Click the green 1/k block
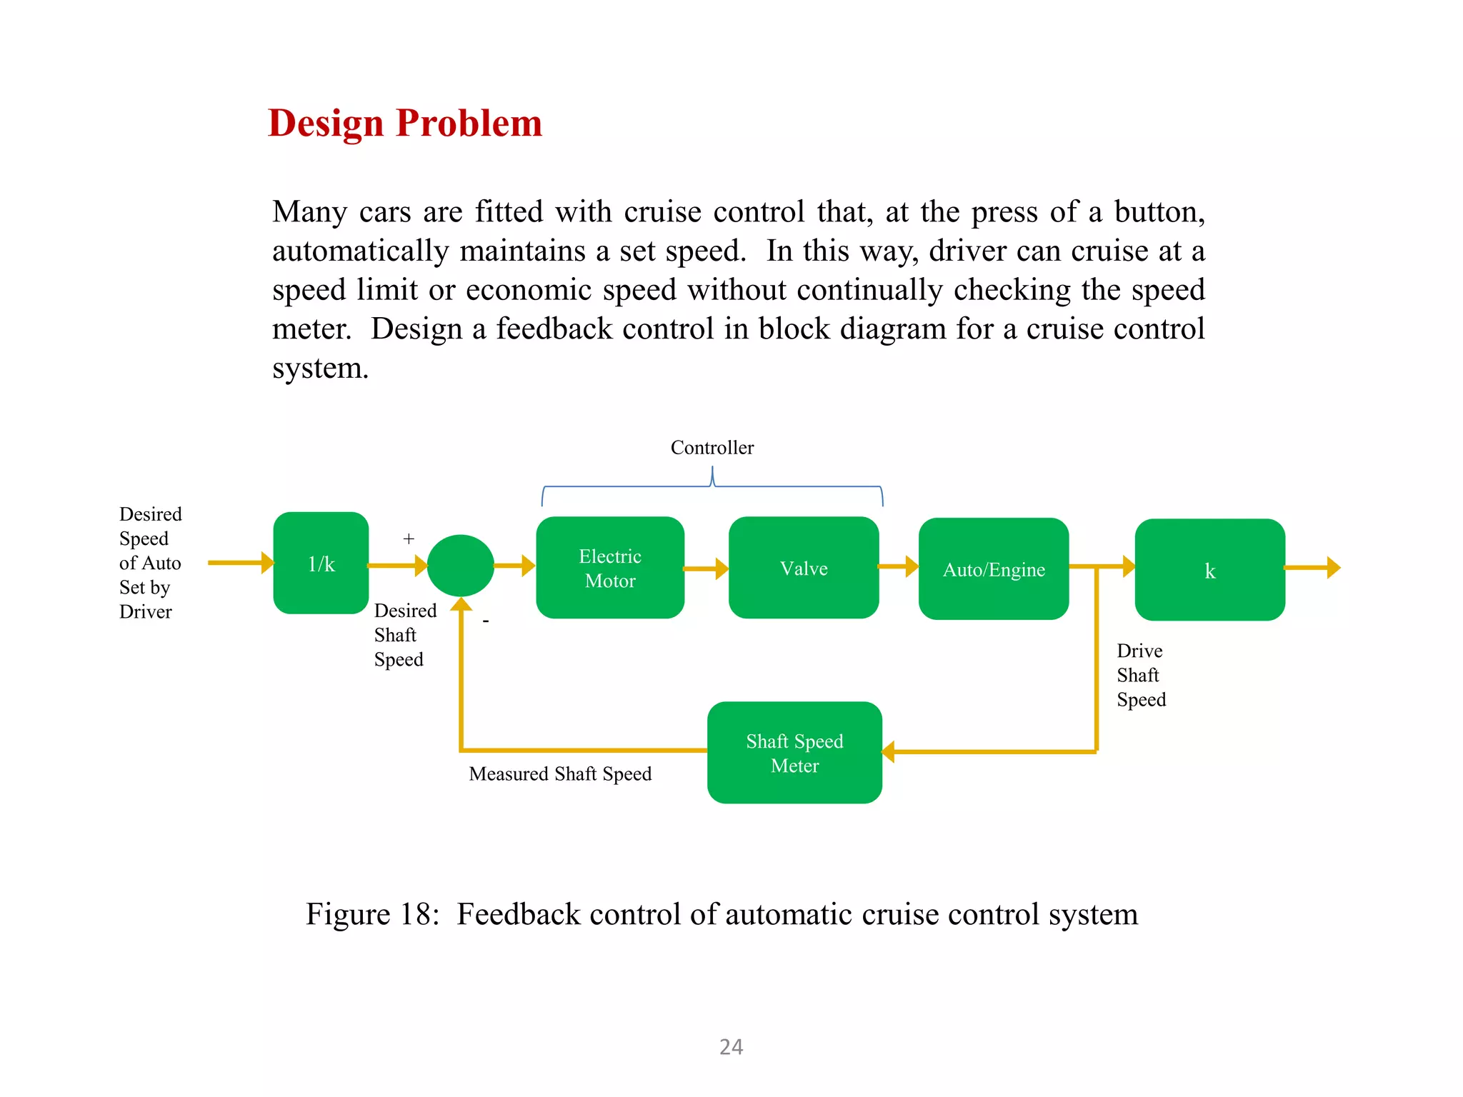coord(321,563)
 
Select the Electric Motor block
coord(610,568)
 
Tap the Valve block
coord(804,568)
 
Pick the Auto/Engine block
coord(994,569)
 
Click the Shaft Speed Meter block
coord(794,753)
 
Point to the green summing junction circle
coord(461,566)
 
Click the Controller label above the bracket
coord(712,448)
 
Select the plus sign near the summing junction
coord(409,539)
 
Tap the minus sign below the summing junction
coord(486,622)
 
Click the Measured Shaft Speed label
coord(560,774)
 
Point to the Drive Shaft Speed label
coord(1141,675)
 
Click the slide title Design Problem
coord(405,123)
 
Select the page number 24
coord(731,1047)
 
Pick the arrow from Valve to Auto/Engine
coord(899,566)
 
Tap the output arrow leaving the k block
coord(1313,568)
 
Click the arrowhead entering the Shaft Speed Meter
coord(889,752)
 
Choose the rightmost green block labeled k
coord(1209,570)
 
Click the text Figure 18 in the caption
coord(371,914)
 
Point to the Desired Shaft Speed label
coord(404,635)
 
